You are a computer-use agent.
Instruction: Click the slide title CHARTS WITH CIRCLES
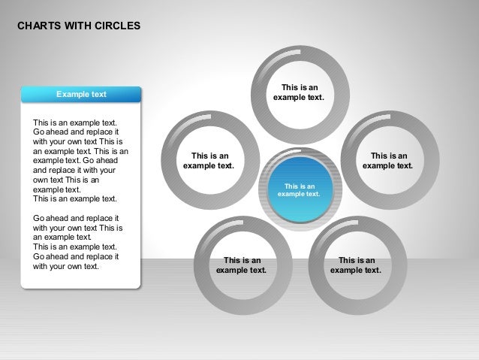(78, 26)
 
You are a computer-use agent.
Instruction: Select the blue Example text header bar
(81, 94)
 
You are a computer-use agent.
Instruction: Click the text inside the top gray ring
(298, 92)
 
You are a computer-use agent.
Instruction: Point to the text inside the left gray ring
(209, 161)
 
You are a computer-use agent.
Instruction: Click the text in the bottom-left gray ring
(242, 265)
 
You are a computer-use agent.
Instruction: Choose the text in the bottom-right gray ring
(356, 265)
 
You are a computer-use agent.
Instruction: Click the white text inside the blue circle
(299, 189)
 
